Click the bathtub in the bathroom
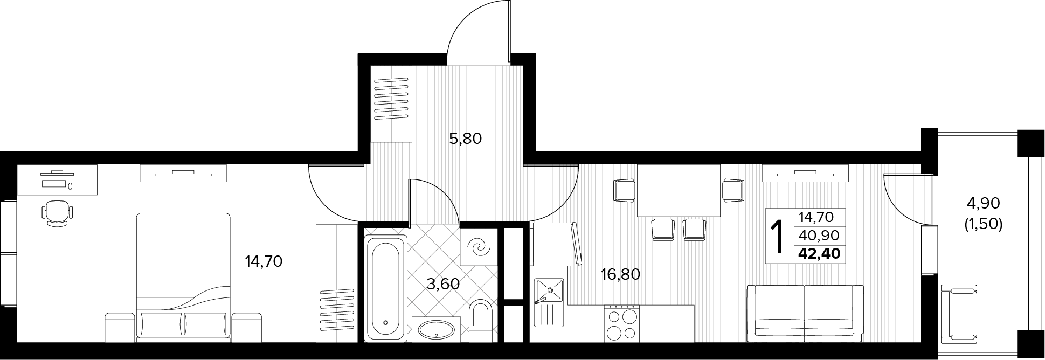pyautogui.click(x=385, y=288)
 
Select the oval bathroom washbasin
pyautogui.click(x=437, y=329)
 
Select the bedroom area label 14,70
pyautogui.click(x=264, y=262)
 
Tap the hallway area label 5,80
pyautogui.click(x=465, y=139)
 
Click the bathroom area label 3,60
pyautogui.click(x=443, y=283)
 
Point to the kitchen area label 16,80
pyautogui.click(x=620, y=274)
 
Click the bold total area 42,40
pyautogui.click(x=819, y=253)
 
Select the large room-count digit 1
pyautogui.click(x=777, y=237)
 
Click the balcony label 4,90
pyautogui.click(x=984, y=203)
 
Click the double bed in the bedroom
pyautogui.click(x=183, y=276)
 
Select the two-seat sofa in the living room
pyautogui.click(x=805, y=313)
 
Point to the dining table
pyautogui.click(x=679, y=190)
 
